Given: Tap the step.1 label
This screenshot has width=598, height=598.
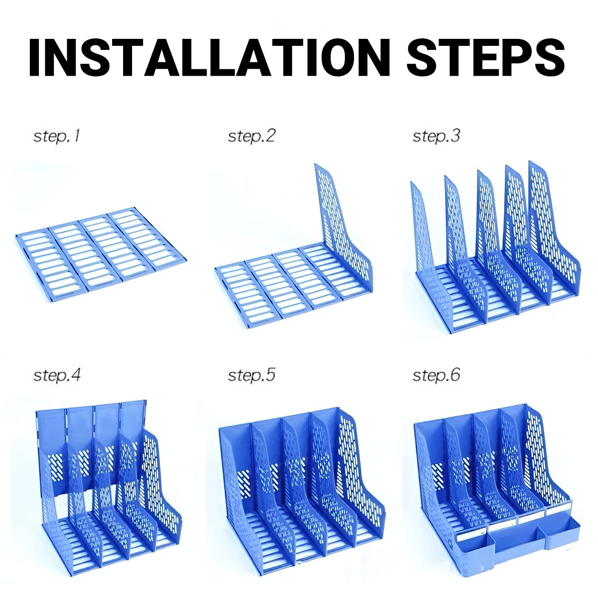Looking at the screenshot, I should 56,136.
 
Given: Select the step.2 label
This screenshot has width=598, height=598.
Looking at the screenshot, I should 251,136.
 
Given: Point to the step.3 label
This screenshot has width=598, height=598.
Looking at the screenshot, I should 436,136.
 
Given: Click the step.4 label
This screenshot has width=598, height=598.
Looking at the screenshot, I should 56,375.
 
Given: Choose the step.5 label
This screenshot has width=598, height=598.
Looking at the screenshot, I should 251,375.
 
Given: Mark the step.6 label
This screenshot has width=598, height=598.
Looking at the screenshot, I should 436,375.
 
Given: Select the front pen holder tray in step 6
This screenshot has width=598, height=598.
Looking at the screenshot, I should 518,548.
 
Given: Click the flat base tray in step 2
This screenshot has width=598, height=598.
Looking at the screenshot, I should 279,284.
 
